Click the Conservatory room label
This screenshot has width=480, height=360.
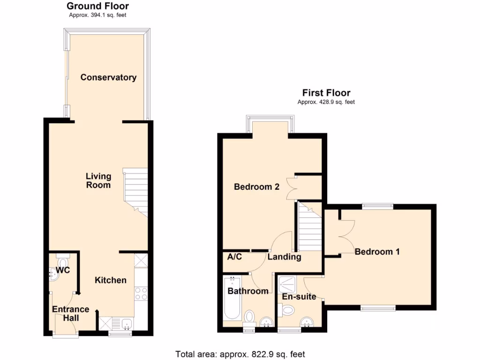click(x=108, y=77)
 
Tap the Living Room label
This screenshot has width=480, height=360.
click(x=98, y=180)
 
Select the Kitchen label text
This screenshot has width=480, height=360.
click(x=111, y=280)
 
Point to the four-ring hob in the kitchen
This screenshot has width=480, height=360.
click(x=141, y=293)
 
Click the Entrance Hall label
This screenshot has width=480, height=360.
click(x=70, y=314)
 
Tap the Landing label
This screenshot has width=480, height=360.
click(x=284, y=257)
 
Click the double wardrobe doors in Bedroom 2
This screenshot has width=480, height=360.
click(x=292, y=188)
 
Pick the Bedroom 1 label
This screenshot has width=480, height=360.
click(x=377, y=252)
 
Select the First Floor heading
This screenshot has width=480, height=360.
click(x=326, y=93)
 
